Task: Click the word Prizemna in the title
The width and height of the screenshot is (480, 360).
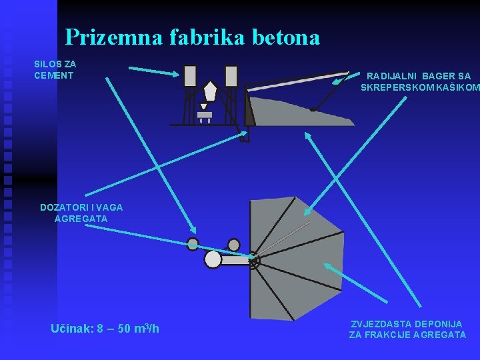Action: [x=105, y=37]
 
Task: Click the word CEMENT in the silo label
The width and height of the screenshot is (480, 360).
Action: [x=55, y=75]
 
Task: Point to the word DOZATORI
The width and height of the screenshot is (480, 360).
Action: [x=64, y=207]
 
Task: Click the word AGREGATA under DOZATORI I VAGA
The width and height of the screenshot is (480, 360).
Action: [x=81, y=219]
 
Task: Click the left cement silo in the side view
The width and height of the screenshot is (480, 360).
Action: [x=190, y=76]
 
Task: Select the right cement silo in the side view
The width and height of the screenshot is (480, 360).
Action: [x=231, y=76]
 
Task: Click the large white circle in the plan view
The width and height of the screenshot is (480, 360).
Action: [x=213, y=259]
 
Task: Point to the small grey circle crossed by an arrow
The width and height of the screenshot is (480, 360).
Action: [x=193, y=244]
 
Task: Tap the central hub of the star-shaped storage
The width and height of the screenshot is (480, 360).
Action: [x=254, y=263]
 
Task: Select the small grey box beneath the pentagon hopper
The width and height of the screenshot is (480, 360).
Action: [x=205, y=115]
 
